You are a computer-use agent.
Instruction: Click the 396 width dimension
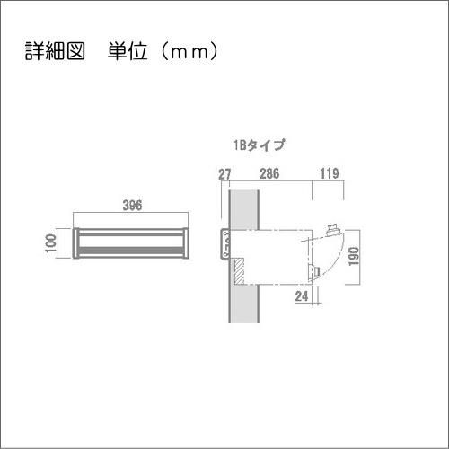point(133,206)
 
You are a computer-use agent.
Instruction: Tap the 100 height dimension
point(50,242)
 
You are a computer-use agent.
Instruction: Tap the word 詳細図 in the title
point(54,50)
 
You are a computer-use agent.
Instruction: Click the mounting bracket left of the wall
point(224,243)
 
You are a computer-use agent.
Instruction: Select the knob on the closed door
point(315,269)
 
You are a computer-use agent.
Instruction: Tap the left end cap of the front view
point(76,242)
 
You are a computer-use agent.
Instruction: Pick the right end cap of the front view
point(187,242)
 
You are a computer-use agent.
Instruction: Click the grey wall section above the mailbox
point(242,208)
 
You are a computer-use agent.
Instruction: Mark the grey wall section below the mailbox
point(242,305)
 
